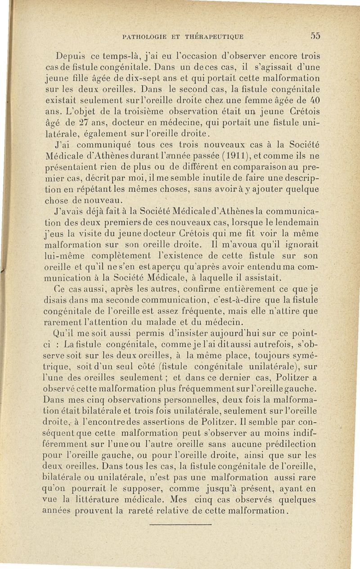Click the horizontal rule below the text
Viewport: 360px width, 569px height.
pyautogui.click(x=180, y=524)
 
